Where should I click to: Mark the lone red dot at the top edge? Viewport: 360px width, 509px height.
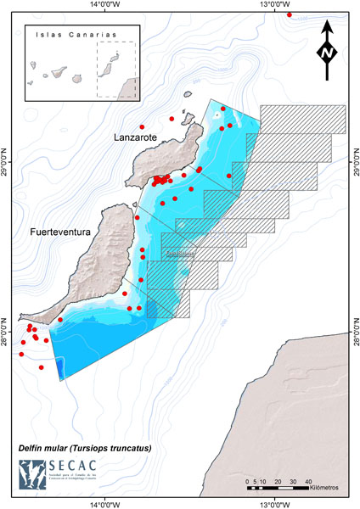290,14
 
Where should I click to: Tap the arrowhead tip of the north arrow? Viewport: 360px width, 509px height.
329,26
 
